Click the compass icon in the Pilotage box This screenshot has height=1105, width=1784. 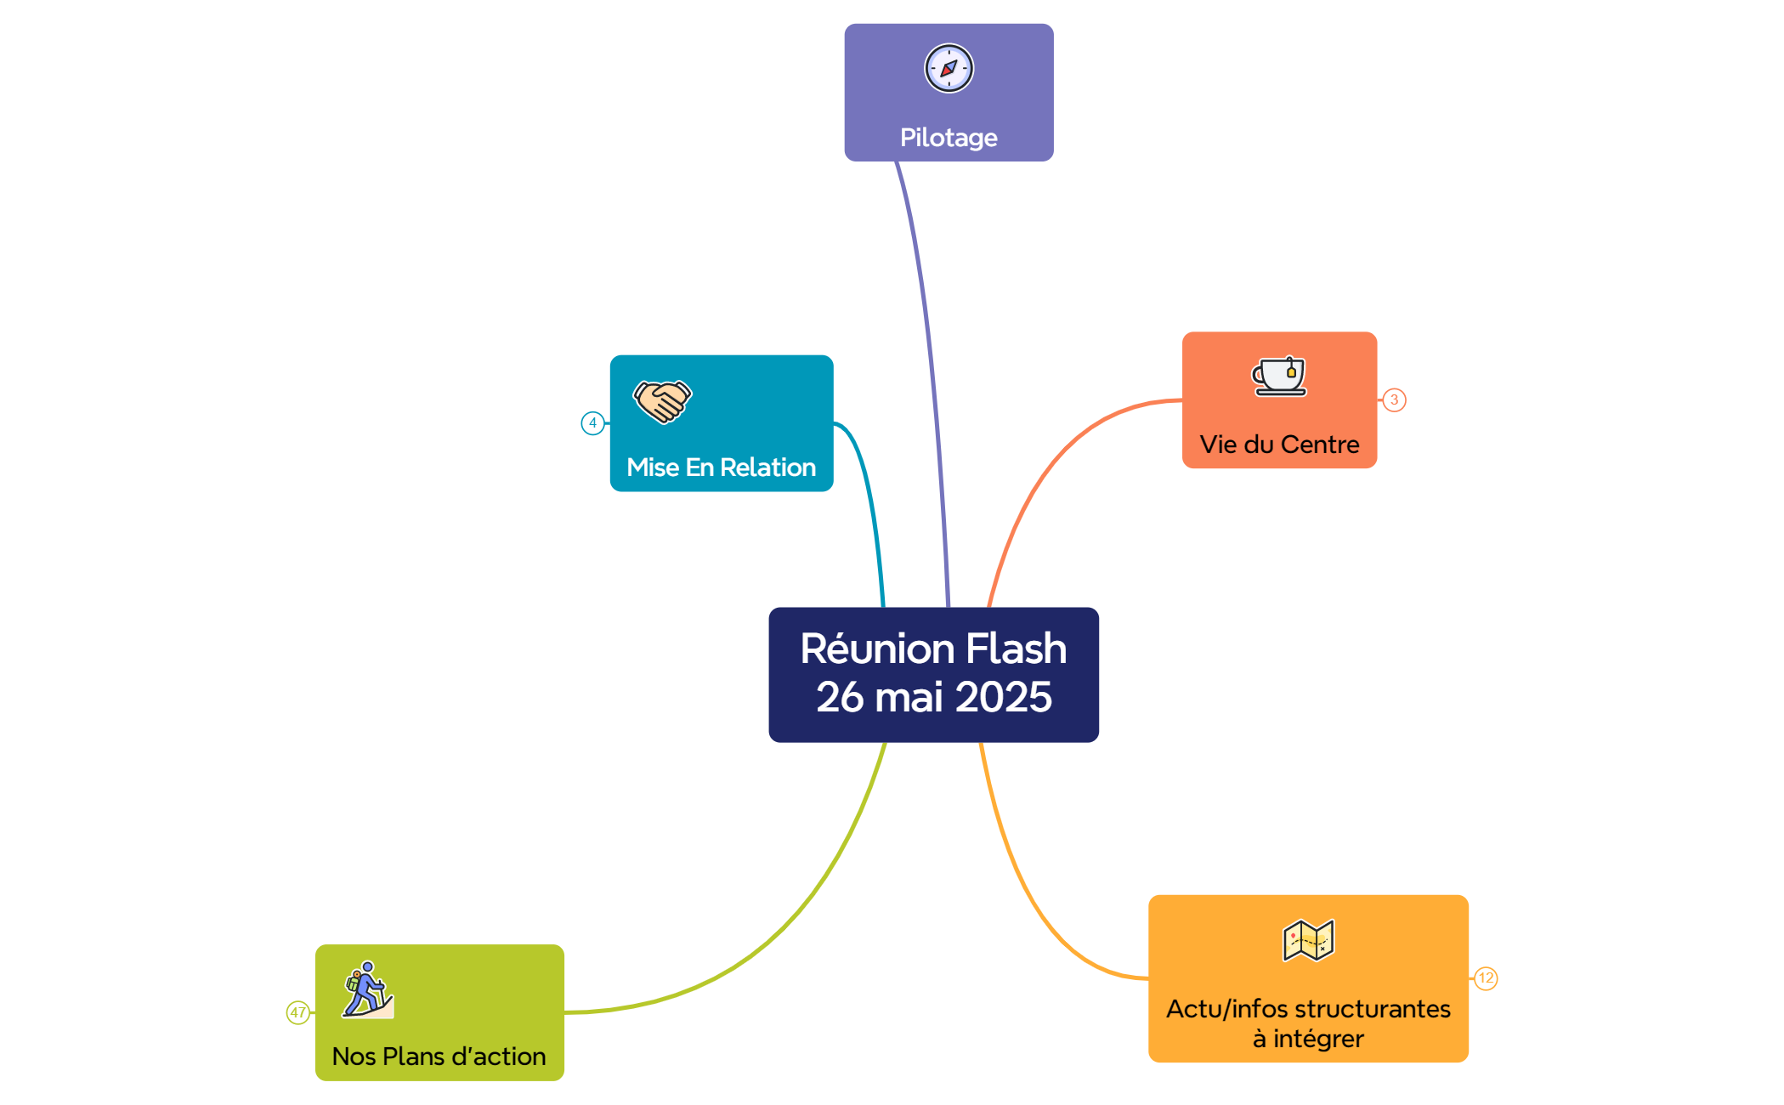pyautogui.click(x=949, y=68)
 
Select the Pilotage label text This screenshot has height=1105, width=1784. pyautogui.click(x=949, y=138)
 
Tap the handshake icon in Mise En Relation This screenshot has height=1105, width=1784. pyautogui.click(x=663, y=400)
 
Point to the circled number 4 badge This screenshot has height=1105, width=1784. pyautogui.click(x=592, y=423)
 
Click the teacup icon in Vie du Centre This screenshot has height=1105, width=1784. pyautogui.click(x=1279, y=376)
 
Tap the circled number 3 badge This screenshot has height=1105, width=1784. pyautogui.click(x=1394, y=400)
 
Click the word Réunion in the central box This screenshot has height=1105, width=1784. pyautogui.click(x=879, y=649)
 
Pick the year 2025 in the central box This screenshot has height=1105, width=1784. pyautogui.click(x=1003, y=698)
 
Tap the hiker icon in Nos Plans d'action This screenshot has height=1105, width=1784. pyautogui.click(x=368, y=989)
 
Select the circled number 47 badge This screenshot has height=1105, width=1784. pyautogui.click(x=297, y=1012)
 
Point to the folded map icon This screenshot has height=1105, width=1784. pyautogui.click(x=1308, y=940)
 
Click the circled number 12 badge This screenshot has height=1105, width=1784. pyautogui.click(x=1486, y=978)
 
